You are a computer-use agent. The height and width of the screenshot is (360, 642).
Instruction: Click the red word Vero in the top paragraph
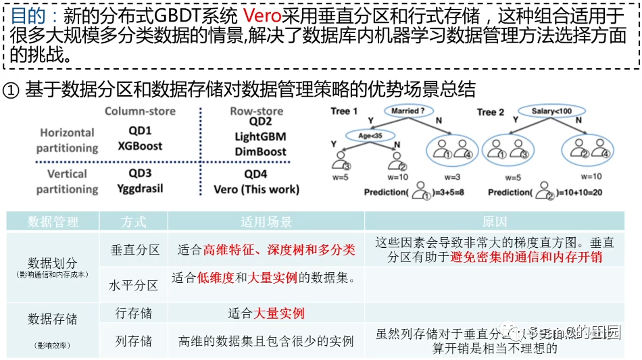click(x=262, y=16)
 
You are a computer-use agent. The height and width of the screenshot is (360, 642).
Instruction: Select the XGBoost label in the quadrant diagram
click(x=140, y=146)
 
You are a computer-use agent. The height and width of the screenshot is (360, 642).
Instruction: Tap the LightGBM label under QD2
click(x=260, y=136)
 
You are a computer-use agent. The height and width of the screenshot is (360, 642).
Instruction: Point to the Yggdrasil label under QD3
click(x=140, y=189)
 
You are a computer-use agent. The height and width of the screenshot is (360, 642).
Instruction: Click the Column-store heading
click(x=140, y=111)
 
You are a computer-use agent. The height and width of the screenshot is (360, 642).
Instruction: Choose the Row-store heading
click(x=257, y=111)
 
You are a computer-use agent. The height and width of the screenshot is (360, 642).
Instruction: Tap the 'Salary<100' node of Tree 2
click(x=551, y=111)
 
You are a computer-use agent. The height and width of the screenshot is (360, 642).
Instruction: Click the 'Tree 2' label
click(x=491, y=111)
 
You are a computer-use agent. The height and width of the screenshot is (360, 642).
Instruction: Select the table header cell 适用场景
click(x=266, y=222)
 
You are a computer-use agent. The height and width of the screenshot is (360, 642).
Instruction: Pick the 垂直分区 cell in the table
click(x=135, y=250)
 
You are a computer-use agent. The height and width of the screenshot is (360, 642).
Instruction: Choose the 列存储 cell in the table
click(x=134, y=341)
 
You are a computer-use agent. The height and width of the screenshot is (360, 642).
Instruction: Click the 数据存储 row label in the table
click(x=53, y=319)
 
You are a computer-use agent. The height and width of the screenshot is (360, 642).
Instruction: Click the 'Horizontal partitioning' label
click(x=67, y=140)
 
